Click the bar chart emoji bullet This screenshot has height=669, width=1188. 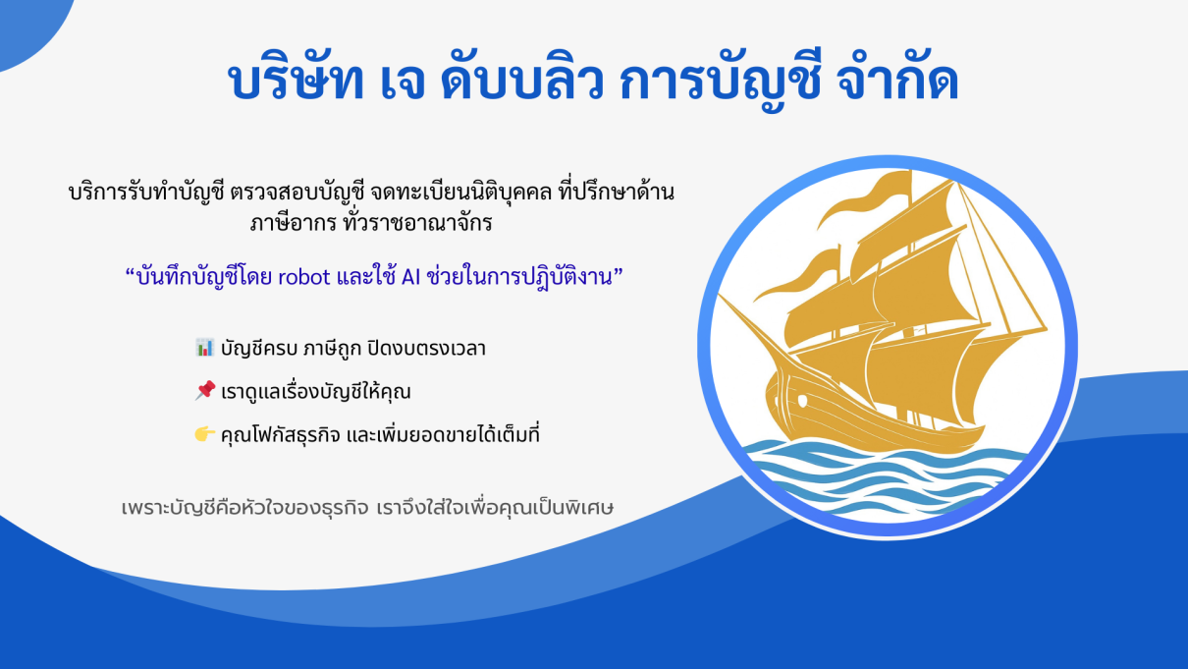point(204,347)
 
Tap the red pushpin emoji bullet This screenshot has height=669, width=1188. point(204,391)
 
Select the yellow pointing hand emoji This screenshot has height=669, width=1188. point(204,434)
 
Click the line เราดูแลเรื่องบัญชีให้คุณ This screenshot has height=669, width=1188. point(315,391)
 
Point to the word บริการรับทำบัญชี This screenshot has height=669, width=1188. point(146,193)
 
